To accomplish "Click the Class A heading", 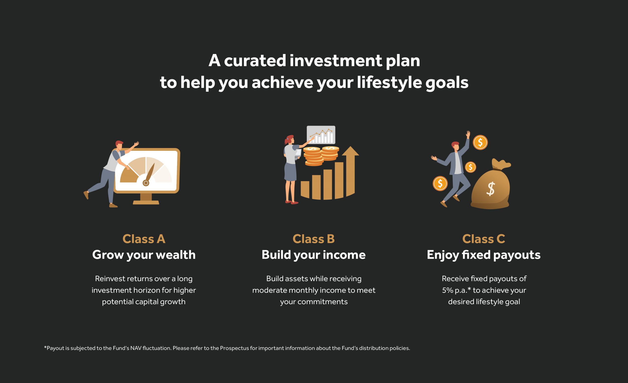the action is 144,239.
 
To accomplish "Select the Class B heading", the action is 314,239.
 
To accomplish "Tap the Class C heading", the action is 484,239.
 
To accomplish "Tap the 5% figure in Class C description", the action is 447,290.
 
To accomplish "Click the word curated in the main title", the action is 255,61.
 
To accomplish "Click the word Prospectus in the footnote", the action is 234,348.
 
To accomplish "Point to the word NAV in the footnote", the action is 136,348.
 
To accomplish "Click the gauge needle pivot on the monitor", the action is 146,183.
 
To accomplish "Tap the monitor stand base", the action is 146,202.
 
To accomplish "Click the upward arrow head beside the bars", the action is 351,151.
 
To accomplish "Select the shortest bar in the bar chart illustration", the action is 305,190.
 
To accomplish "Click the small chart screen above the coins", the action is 321,135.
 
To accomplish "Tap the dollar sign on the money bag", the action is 491,189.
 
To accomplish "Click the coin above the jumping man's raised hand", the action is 480,142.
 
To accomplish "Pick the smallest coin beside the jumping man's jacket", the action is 471,167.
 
